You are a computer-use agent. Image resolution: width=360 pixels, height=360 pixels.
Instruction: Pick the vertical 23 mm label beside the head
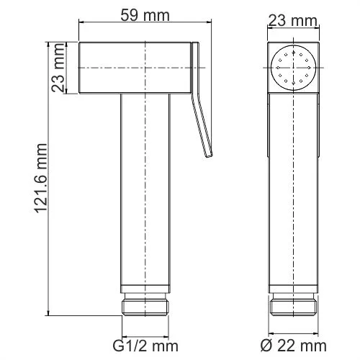point(60,70)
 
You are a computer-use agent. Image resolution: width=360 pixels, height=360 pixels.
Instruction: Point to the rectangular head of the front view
point(137,70)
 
